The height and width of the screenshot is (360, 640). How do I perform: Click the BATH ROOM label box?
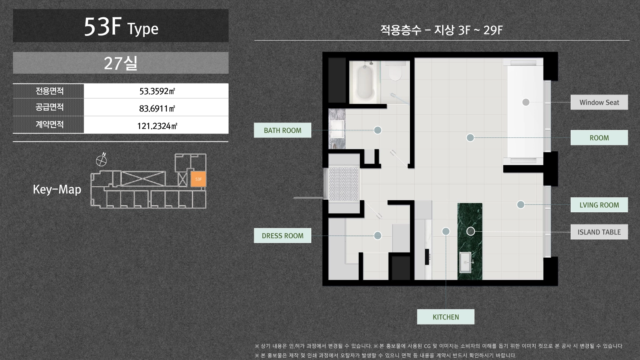coord(283,130)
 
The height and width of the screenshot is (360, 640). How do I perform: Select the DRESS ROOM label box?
coord(283,236)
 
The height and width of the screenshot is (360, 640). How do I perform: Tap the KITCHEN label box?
coord(446,317)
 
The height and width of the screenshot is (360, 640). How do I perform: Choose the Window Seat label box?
coord(599,102)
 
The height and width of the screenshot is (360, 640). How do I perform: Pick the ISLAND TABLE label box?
coord(599,232)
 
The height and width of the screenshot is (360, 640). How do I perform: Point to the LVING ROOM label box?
coord(599,205)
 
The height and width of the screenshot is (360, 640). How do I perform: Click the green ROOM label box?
coord(599,137)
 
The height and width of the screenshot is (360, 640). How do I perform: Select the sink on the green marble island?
coord(465,262)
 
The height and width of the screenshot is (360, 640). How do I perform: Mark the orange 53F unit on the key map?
coord(198,179)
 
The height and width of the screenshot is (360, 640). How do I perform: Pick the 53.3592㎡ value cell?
coord(156,91)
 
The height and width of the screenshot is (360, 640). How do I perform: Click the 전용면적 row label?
coord(49,91)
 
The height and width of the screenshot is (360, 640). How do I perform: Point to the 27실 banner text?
coord(121,63)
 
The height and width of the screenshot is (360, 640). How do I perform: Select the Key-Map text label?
coord(57,189)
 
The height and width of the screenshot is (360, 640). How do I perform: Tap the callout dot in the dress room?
coord(378,236)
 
